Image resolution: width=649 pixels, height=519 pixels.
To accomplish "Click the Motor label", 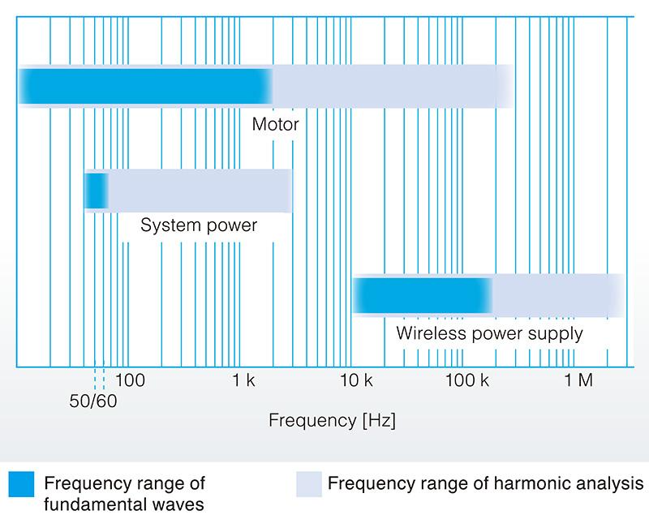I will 275,125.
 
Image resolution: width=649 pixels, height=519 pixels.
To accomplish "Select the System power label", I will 199,225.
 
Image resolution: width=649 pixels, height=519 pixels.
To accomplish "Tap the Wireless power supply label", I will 489,333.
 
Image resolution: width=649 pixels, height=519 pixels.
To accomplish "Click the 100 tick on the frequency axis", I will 130,380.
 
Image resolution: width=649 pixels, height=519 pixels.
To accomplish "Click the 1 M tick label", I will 578,380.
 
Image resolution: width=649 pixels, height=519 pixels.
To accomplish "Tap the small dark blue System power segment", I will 97,191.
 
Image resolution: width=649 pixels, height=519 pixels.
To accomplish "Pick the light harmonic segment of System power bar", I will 199,191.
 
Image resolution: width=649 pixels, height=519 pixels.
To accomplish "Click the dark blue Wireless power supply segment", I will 422,294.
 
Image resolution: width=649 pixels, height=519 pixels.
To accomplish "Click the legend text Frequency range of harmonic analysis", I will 485,484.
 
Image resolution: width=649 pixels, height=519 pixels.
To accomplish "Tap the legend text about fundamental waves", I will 124,493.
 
